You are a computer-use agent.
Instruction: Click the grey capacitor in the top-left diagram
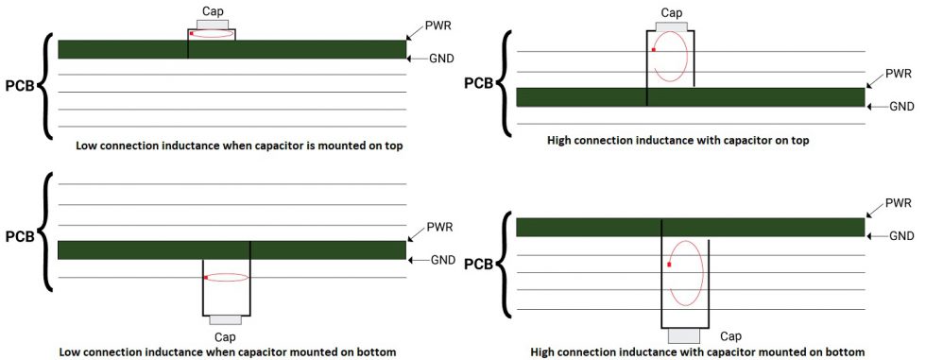(213, 25)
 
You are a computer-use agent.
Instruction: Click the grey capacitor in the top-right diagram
(671, 25)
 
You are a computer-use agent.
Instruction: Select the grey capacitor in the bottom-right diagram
(685, 335)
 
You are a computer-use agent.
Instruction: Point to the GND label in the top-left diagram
(442, 59)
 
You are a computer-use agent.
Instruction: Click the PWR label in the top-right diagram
(900, 73)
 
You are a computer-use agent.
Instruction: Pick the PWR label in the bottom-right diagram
(900, 204)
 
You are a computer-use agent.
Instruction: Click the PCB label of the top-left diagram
(20, 86)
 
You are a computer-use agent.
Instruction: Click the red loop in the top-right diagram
(671, 59)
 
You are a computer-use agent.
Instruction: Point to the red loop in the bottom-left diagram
(227, 278)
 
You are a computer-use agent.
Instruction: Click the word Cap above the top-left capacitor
(213, 9)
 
